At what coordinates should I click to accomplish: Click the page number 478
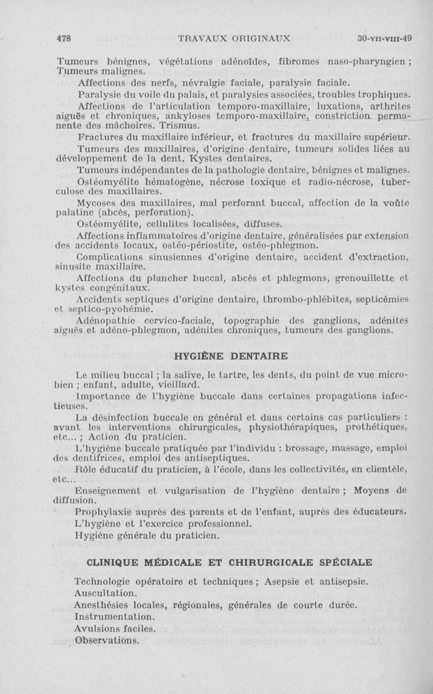coord(65,38)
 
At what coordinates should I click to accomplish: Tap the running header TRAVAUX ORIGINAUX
coord(234,38)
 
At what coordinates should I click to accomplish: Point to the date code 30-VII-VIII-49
coord(385,38)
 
